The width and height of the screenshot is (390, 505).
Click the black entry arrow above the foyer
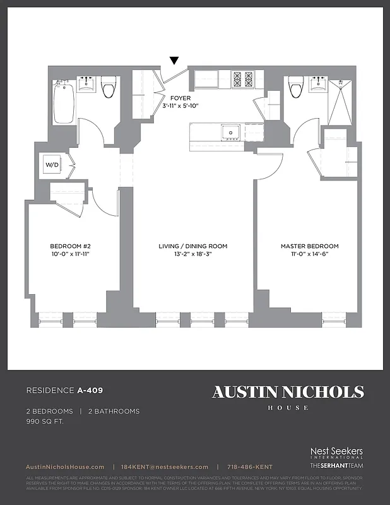point(174,61)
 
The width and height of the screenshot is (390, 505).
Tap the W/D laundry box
point(51,165)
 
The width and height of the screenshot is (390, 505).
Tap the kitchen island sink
point(230,133)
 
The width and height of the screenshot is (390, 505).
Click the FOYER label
point(180,98)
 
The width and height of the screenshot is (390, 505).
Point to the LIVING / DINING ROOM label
point(193,246)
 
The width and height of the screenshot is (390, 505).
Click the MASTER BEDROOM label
point(310,246)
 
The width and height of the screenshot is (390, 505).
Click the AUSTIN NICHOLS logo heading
point(288,392)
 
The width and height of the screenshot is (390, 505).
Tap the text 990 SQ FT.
point(45,420)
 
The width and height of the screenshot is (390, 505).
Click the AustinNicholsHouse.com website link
point(66,466)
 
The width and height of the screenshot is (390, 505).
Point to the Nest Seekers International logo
point(336,453)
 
